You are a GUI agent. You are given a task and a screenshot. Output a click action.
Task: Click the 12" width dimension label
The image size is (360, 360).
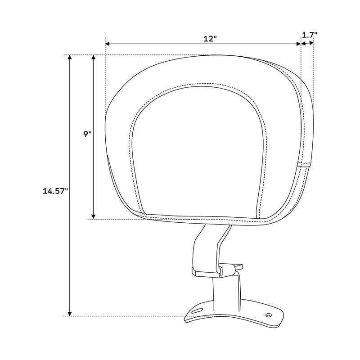coord(210,39)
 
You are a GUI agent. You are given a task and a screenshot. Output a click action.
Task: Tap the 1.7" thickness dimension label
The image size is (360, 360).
coord(310,34)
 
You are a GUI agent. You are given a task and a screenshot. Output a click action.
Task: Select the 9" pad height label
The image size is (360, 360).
coord(87,134)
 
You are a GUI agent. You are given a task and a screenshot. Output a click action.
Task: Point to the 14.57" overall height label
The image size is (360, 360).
coord(55,191)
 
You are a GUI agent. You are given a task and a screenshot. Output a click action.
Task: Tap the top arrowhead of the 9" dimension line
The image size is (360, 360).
coord(94,58)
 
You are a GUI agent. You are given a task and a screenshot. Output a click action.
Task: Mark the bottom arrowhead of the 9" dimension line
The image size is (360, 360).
coord(94,216)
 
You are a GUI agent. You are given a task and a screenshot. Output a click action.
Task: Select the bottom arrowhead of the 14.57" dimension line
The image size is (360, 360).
coord(70,313)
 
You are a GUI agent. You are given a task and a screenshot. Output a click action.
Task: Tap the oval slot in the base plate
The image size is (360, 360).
coord(197,310)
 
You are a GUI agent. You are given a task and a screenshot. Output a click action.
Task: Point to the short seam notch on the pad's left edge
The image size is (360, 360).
coord(109,156)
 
